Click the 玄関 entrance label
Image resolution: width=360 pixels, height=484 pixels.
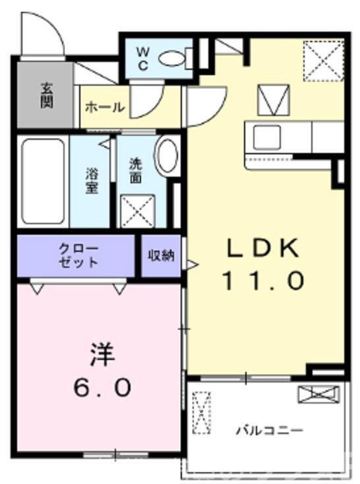tap(46, 94)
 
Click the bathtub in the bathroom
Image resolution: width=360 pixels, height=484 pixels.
tap(42, 181)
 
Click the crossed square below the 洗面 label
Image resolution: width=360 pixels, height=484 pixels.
tap(137, 210)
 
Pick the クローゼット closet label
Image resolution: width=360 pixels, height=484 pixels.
tap(78, 255)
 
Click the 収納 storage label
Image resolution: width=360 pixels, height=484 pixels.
tap(161, 255)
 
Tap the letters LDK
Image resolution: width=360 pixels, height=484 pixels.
tap(264, 249)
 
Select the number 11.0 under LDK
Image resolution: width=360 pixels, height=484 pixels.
tap(263, 282)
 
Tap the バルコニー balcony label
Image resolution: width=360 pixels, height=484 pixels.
tap(270, 431)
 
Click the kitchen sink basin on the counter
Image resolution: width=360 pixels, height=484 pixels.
tap(268, 137)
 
